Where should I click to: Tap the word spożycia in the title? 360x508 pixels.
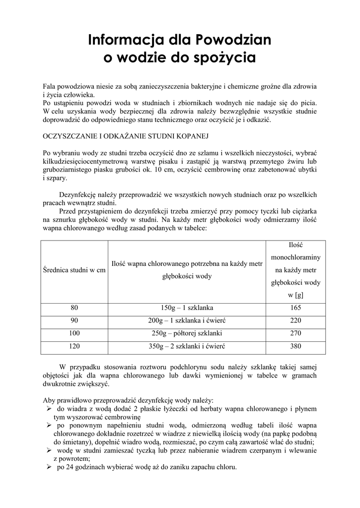click(x=224, y=59)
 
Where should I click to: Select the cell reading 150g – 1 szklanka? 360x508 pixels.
click(x=187, y=308)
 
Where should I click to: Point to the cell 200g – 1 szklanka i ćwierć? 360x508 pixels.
click(x=187, y=321)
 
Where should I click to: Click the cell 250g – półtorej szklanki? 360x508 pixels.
click(x=187, y=334)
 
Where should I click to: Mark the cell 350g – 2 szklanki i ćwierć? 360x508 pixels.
click(x=187, y=347)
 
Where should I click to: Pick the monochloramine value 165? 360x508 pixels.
click(x=295, y=308)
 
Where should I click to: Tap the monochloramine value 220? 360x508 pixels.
click(x=295, y=321)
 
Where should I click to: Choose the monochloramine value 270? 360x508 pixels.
click(x=295, y=334)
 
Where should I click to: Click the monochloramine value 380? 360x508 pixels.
click(x=295, y=347)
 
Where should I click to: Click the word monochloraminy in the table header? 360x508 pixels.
click(x=295, y=258)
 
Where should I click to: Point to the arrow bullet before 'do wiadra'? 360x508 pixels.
click(x=49, y=409)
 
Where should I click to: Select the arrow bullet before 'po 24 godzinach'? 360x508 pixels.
click(x=49, y=467)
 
